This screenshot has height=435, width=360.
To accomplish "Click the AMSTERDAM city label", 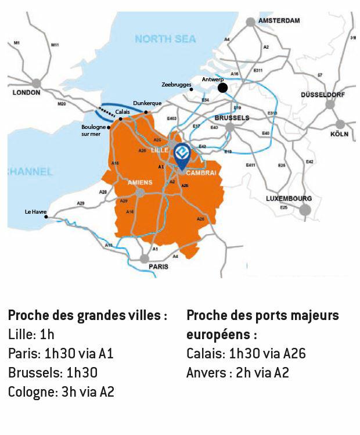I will tap(279, 21).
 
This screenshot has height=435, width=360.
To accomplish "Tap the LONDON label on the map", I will tap(26, 92).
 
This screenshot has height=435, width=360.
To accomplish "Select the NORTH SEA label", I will tap(165, 39).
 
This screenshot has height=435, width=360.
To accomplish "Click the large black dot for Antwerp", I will tap(222, 88).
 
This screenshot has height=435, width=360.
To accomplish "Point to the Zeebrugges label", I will tap(176, 84).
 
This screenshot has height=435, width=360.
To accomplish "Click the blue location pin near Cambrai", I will tap(182, 153).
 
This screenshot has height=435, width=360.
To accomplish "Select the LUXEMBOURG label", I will tap(289, 198).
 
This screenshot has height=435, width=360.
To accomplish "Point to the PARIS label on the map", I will tap(158, 267).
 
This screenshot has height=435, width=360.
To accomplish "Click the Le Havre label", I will tap(35, 212).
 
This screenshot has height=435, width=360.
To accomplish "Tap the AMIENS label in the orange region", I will tap(139, 182).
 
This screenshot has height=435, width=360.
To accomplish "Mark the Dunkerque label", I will tap(147, 103).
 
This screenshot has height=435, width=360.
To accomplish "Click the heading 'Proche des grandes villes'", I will tap(88, 315).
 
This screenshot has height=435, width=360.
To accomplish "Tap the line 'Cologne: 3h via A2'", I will tap(61, 392).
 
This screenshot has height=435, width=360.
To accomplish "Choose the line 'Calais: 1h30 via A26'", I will tap(246, 354).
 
